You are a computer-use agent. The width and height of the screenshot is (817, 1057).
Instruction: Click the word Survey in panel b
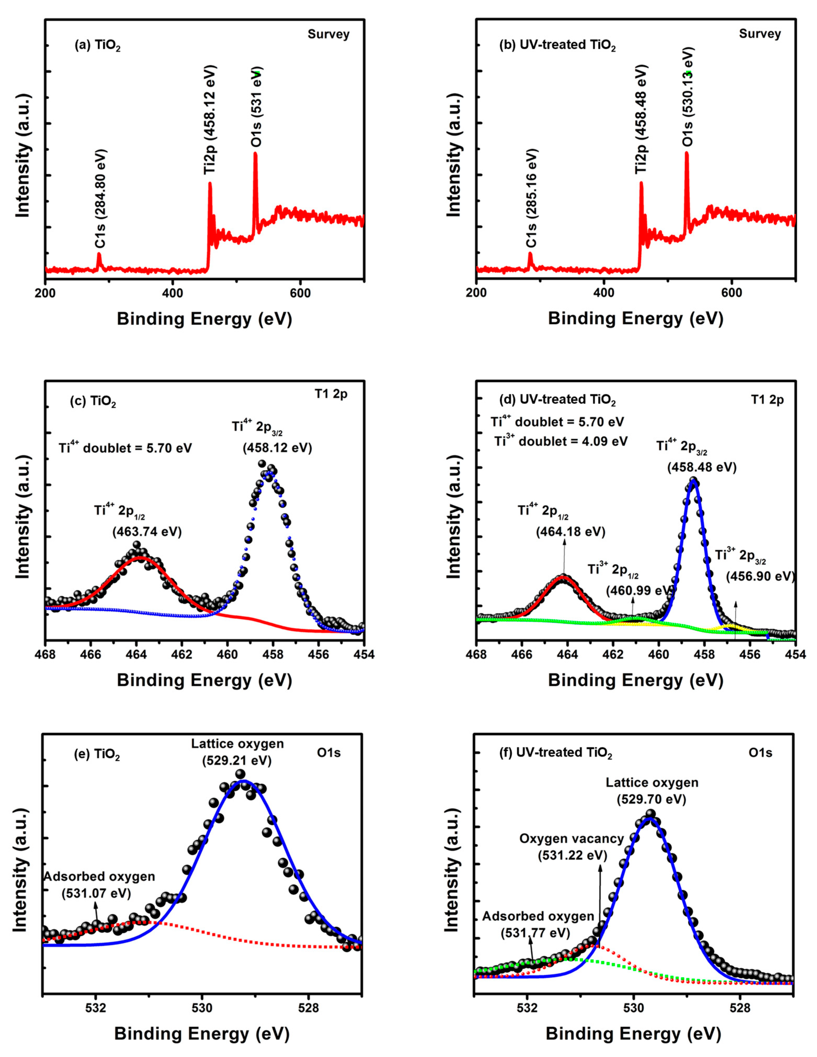pyautogui.click(x=760, y=34)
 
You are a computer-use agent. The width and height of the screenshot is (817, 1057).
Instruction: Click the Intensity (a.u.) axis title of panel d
pyautogui.click(x=455, y=518)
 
